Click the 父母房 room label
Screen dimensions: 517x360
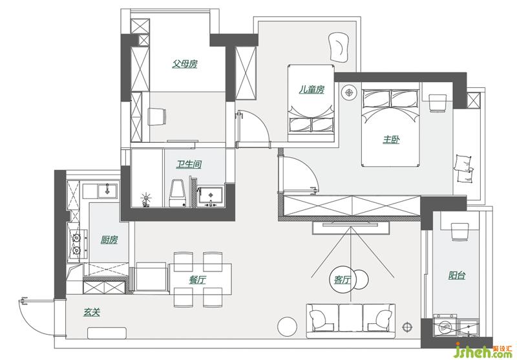pyautogui.click(x=185, y=63)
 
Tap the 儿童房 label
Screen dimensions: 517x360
pyautogui.click(x=311, y=89)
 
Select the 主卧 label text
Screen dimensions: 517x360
pyautogui.click(x=391, y=140)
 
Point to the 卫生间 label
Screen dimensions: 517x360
pyautogui.click(x=189, y=164)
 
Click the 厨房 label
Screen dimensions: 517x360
pyautogui.click(x=109, y=240)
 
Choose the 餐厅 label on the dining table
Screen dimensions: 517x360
pyautogui.click(x=198, y=280)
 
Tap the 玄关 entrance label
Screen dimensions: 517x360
pyautogui.click(x=91, y=312)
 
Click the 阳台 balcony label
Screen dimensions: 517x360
pyautogui.click(x=457, y=275)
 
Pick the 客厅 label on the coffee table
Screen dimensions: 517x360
pyautogui.click(x=343, y=280)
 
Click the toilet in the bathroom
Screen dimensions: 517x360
pyautogui.click(x=178, y=193)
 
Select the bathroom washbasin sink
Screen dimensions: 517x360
pyautogui.click(x=211, y=196)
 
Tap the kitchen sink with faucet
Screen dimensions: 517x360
pyautogui.click(x=107, y=191)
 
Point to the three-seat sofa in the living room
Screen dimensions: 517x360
pyautogui.click(x=351, y=321)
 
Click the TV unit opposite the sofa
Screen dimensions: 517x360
pyautogui.click(x=351, y=228)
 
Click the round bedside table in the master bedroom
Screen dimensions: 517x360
pyautogui.click(x=349, y=92)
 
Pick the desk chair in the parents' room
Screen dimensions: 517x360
pyautogui.click(x=156, y=117)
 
